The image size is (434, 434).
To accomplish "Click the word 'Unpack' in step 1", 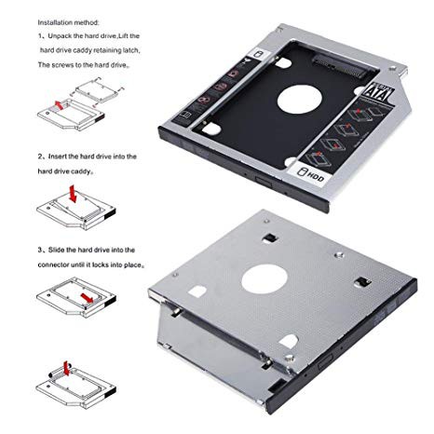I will pos(66,35).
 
